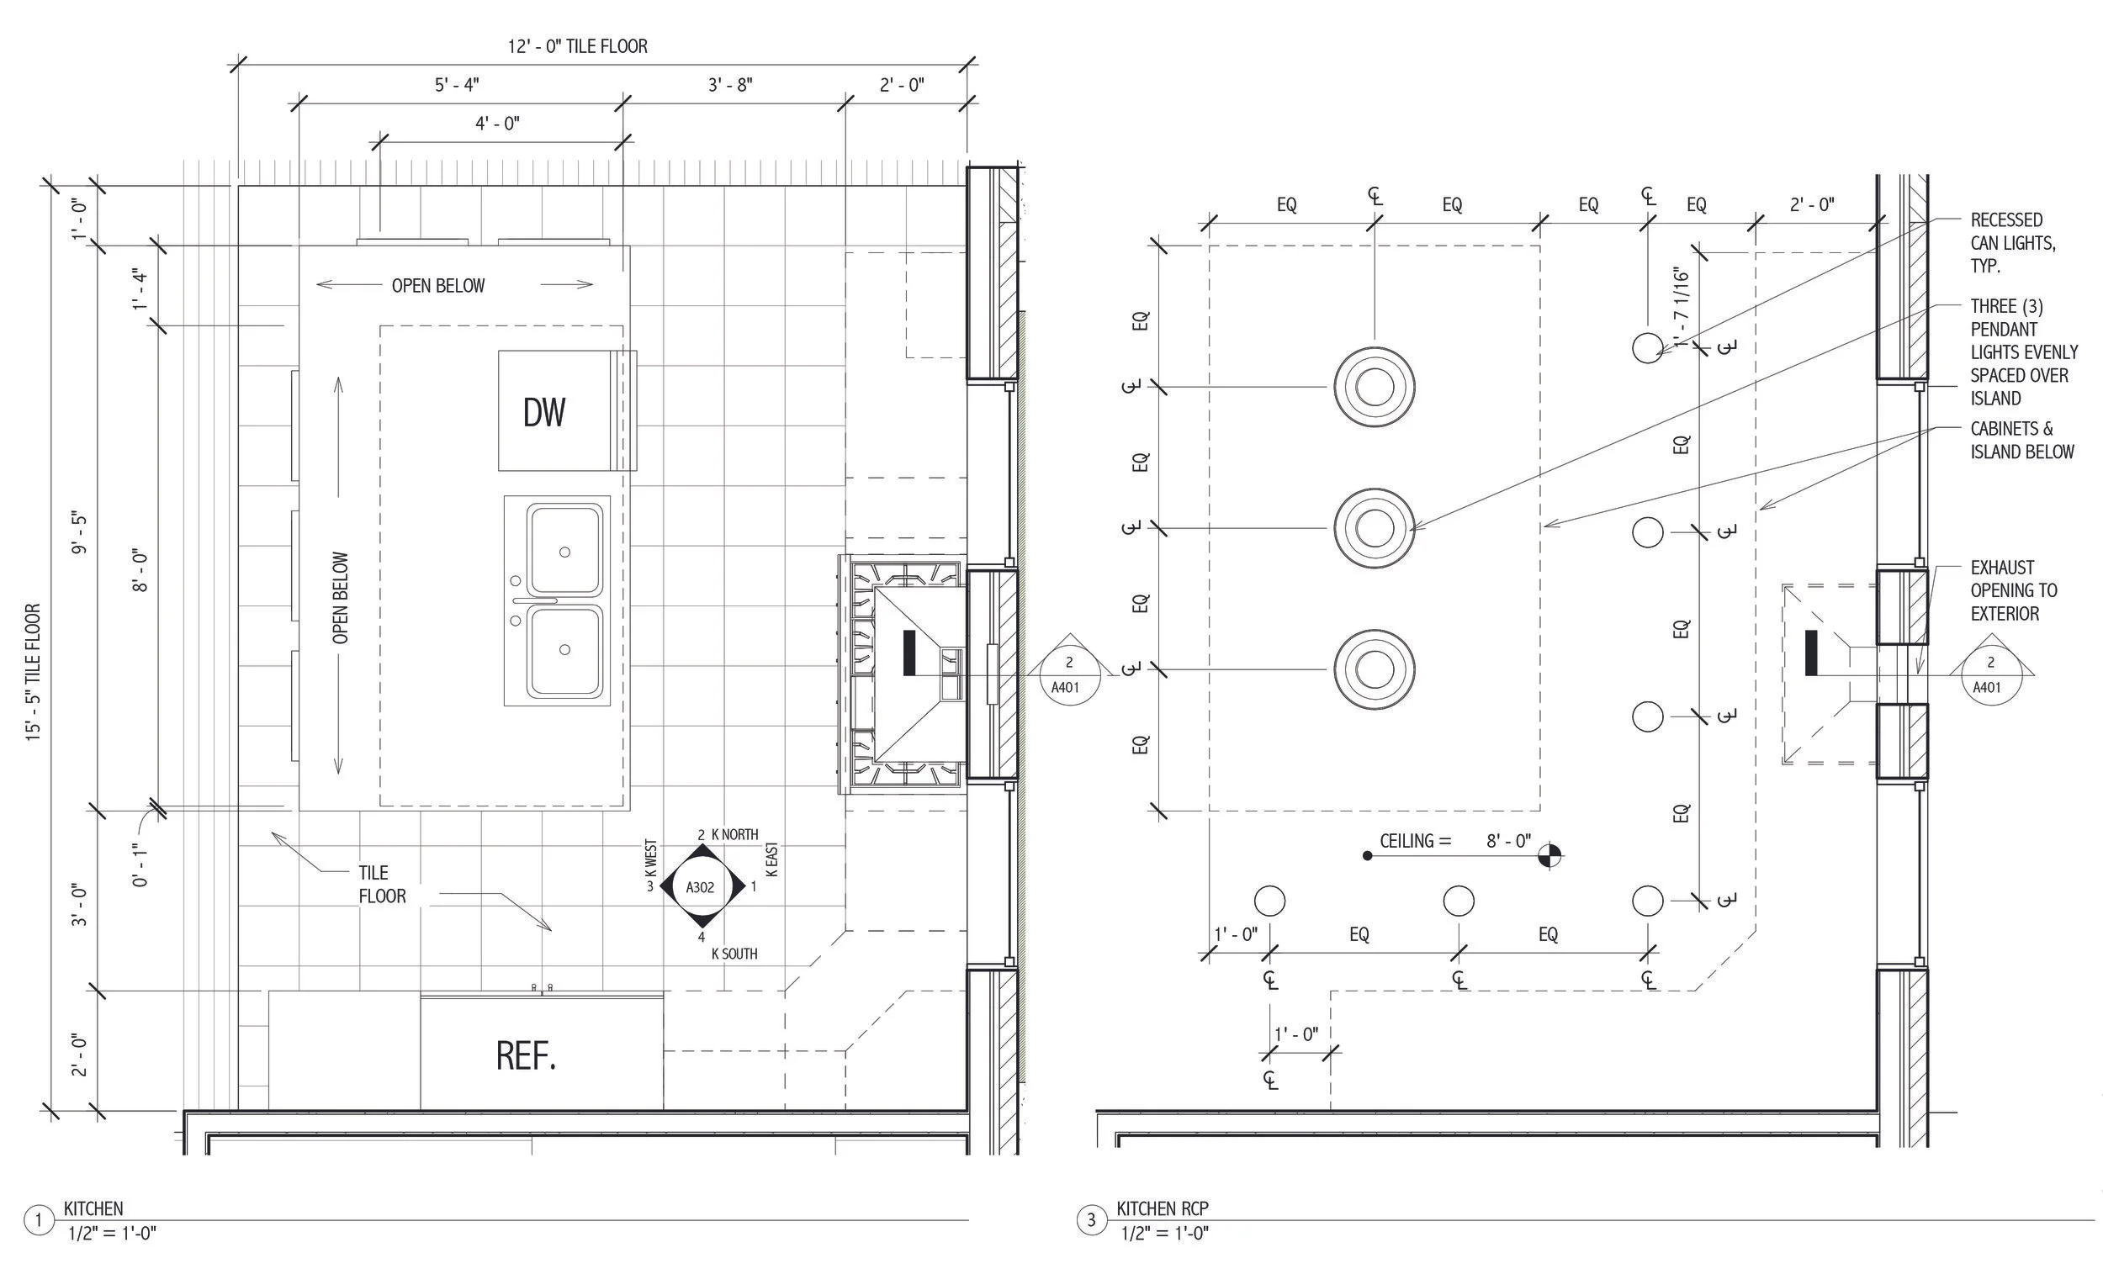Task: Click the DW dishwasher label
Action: [x=543, y=413]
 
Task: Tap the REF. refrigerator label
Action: [x=526, y=1056]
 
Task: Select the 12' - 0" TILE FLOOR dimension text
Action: [x=578, y=46]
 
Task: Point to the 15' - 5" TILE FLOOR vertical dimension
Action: [x=34, y=673]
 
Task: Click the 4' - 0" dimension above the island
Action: [x=498, y=124]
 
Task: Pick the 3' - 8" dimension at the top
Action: [x=731, y=85]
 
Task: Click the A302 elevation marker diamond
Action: [x=701, y=887]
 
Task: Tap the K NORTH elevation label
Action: [x=734, y=834]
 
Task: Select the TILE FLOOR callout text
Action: [x=382, y=884]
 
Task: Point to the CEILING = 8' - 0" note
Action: [x=1455, y=842]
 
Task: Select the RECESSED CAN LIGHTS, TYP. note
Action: [x=2012, y=243]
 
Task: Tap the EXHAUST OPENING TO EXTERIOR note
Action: [x=2012, y=590]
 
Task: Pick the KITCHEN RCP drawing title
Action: [x=1163, y=1208]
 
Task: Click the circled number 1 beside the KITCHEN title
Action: [x=39, y=1220]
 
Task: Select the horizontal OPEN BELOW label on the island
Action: [x=437, y=286]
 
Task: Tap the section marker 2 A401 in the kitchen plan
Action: [x=1067, y=675]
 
